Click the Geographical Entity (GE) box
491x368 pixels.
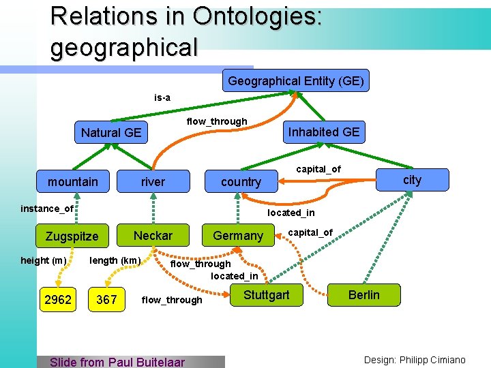pyautogui.click(x=295, y=81)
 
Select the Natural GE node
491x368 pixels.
pyautogui.click(x=111, y=132)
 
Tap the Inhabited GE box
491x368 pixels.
pyautogui.click(x=323, y=132)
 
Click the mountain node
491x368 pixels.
pyautogui.click(x=73, y=181)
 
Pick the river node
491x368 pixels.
pyautogui.click(x=153, y=181)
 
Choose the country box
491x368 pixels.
pyautogui.click(x=241, y=181)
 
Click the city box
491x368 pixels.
pyautogui.click(x=412, y=180)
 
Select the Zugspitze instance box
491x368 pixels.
pyautogui.click(x=72, y=236)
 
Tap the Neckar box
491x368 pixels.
pyautogui.click(x=153, y=235)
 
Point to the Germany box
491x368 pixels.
pyautogui.click(x=238, y=235)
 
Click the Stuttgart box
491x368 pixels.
pyautogui.click(x=266, y=295)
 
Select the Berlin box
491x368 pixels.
pyautogui.click(x=363, y=295)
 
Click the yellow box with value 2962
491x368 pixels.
pyautogui.click(x=58, y=299)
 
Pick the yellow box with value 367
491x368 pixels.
pyautogui.click(x=106, y=299)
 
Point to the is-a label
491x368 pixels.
pyautogui.click(x=162, y=97)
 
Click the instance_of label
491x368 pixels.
pyautogui.click(x=47, y=209)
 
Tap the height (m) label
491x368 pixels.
pyautogui.click(x=44, y=260)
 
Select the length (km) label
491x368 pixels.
pyautogui.click(x=115, y=260)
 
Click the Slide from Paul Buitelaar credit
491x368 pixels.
pyautogui.click(x=117, y=362)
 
